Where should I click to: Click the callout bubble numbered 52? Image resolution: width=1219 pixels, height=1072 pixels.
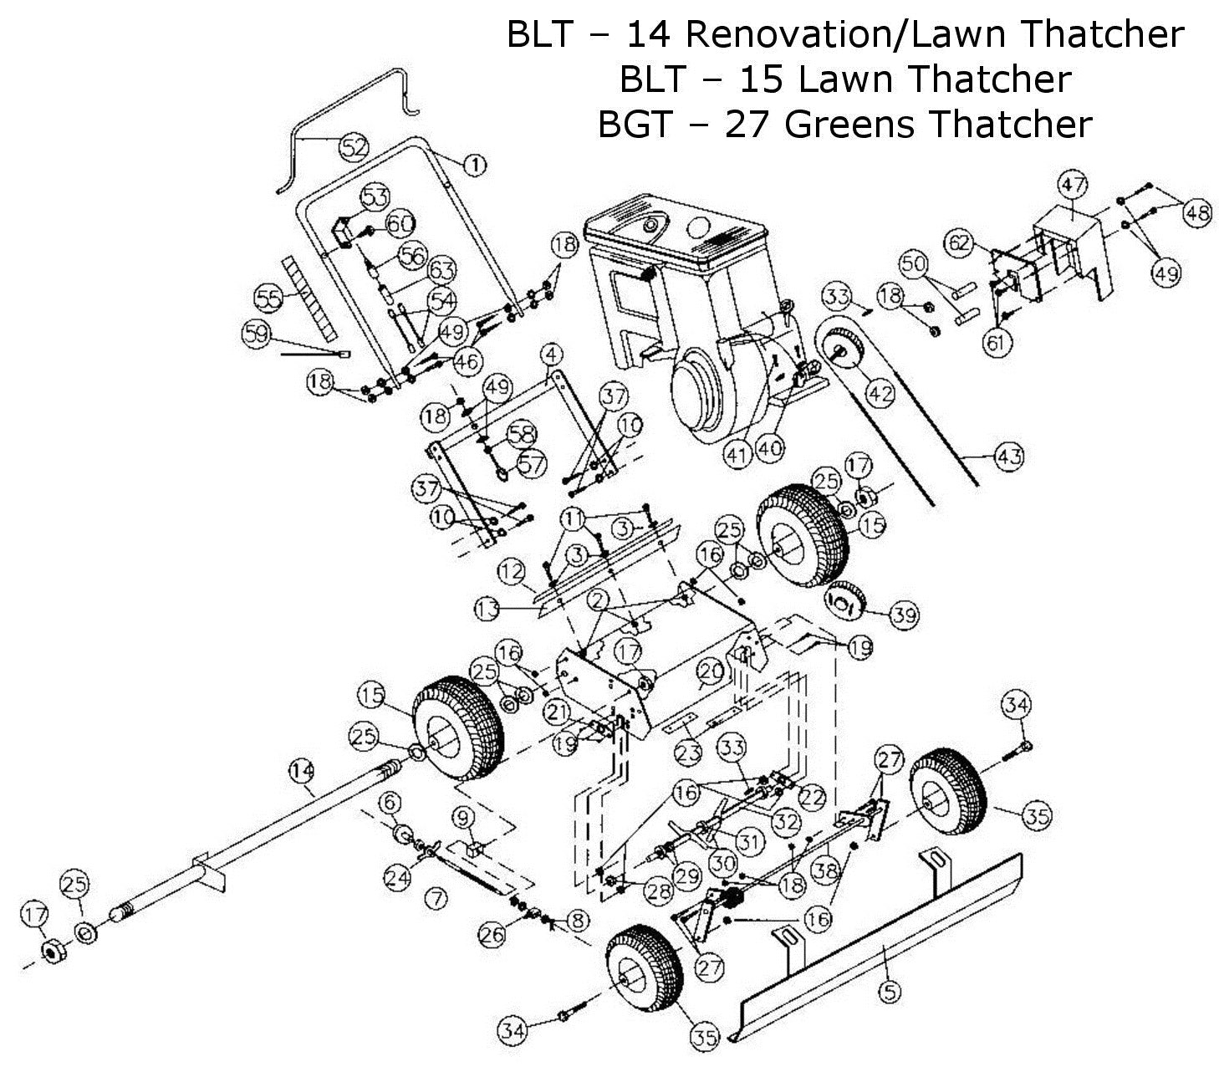(x=354, y=147)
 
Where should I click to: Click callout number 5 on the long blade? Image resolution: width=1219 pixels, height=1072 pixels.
(x=890, y=992)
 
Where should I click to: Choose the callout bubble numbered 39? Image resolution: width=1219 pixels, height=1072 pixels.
(x=904, y=616)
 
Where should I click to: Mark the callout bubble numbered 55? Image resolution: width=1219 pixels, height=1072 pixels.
(x=269, y=296)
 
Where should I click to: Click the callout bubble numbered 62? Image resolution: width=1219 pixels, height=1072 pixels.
(x=961, y=244)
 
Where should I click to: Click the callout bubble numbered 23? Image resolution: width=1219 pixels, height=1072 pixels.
(x=688, y=753)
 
